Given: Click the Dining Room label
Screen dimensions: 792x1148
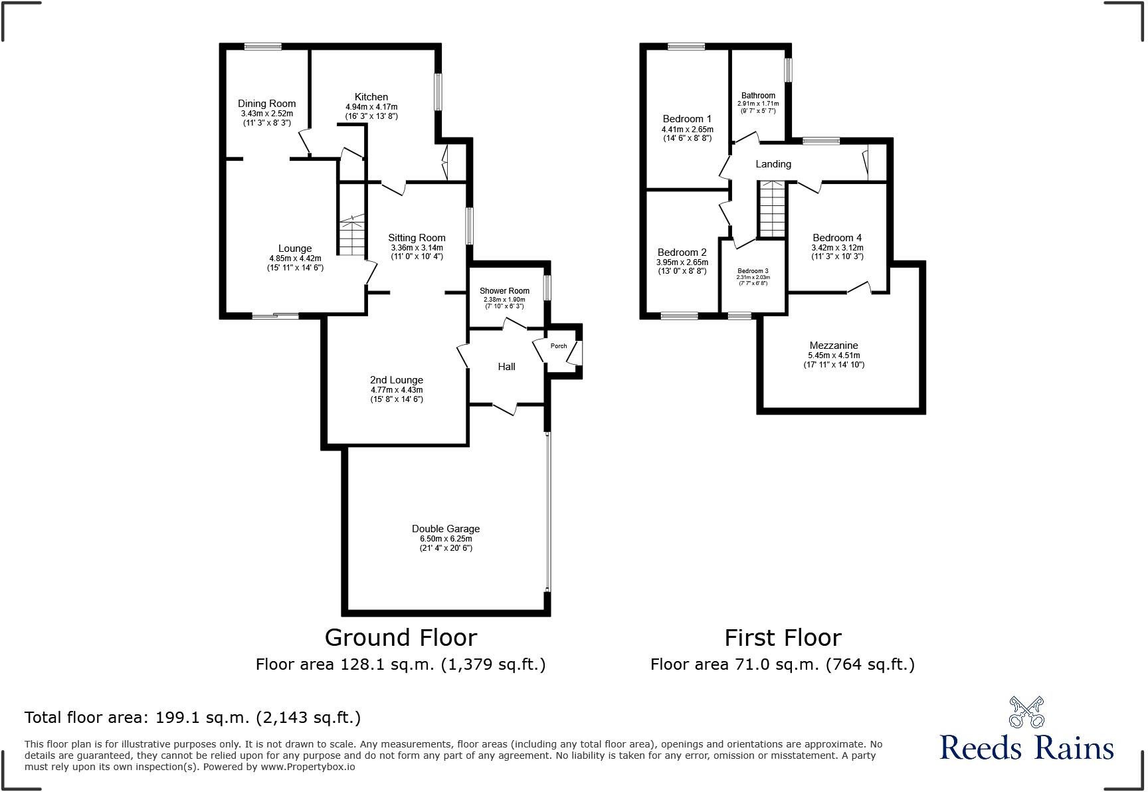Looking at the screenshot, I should point(266,104).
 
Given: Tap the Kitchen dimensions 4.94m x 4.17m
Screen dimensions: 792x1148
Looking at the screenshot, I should point(371,107).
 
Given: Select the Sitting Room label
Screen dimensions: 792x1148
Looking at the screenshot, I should point(417,238).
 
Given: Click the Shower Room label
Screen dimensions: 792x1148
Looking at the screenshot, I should point(504,291).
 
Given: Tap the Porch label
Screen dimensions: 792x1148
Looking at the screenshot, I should point(559,346).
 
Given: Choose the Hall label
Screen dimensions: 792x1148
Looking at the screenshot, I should point(506,367).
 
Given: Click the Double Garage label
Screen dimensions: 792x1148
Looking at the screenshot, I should point(445,529).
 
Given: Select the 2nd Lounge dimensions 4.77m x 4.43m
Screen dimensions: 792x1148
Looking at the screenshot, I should point(397,390).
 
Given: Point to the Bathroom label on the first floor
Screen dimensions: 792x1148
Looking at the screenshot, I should point(758,96).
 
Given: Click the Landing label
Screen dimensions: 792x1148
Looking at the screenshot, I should point(773,164).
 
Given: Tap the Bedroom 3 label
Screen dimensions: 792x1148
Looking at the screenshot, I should point(753,271).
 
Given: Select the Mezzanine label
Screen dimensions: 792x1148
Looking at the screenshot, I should point(833,346).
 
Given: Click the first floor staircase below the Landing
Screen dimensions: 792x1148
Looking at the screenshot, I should point(772,209).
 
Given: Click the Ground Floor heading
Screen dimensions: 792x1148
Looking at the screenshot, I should point(401,638).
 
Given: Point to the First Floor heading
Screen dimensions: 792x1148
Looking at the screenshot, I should point(783,638).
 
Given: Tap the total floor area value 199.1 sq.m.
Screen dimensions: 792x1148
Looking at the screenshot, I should point(202,718).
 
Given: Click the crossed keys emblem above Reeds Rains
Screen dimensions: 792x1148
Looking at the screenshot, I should point(1026,712).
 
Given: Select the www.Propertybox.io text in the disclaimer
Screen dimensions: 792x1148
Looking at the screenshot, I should point(307,767).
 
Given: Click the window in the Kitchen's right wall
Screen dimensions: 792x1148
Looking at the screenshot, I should point(438,91).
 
